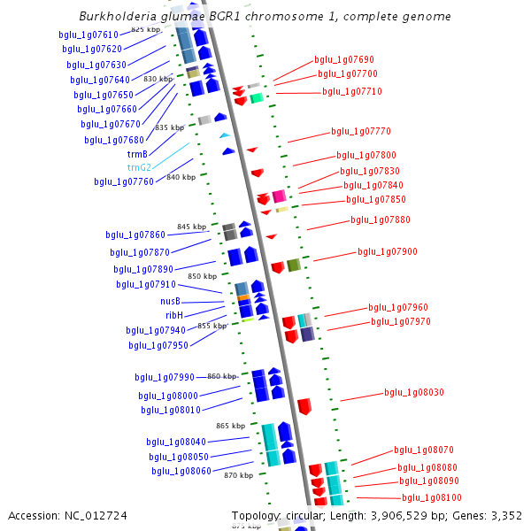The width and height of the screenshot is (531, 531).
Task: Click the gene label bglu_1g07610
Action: [88, 35]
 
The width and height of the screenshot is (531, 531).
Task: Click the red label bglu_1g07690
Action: [344, 60]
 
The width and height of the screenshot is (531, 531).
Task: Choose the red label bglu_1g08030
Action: [414, 392]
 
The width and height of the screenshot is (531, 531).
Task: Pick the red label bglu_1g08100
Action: [431, 498]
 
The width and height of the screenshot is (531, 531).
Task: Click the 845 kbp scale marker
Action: [191, 227]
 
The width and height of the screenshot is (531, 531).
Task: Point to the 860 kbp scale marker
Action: [223, 376]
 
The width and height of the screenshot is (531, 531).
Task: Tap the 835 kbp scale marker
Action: [169, 127]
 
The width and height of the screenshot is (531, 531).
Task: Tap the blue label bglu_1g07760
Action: [124, 182]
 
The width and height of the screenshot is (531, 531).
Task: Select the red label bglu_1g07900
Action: [388, 251]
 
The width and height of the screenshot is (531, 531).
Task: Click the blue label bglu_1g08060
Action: [181, 472]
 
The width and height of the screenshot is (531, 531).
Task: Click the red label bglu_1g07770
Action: [361, 131]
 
